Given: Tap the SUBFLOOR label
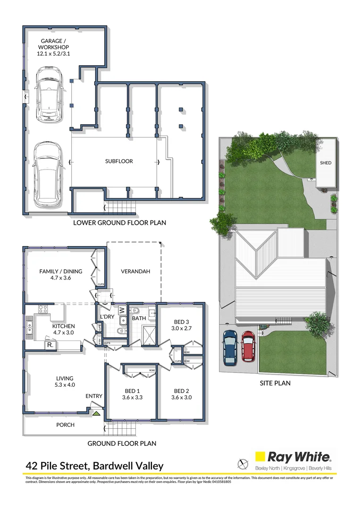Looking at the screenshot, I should tap(119, 161).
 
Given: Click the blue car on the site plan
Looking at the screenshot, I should tap(230, 348).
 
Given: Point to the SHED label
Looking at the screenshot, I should tap(326, 163).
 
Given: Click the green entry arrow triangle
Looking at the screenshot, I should tap(96, 414).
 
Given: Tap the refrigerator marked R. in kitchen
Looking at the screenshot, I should tap(50, 345).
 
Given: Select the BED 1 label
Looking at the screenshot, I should tap(132, 391).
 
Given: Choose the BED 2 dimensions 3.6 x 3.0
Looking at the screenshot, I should tap(182, 398).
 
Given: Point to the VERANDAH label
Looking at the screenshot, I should tap(135, 272).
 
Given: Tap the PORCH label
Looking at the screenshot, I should tap(65, 425).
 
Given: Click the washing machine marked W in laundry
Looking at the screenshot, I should tap(122, 310).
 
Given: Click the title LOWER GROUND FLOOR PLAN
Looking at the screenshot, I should tap(119, 222).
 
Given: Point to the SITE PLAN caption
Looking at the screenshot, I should tap(275, 383).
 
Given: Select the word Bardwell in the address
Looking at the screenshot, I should tap(111, 466).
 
